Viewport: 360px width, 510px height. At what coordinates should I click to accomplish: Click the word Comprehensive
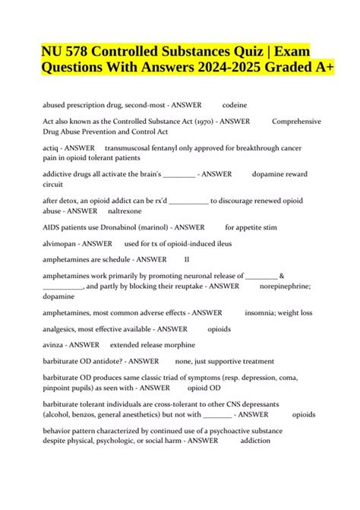[x=296, y=122]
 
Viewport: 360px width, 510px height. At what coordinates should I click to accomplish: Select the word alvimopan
[x=61, y=243]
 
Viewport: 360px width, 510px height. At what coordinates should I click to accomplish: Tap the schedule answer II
[x=187, y=260]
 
